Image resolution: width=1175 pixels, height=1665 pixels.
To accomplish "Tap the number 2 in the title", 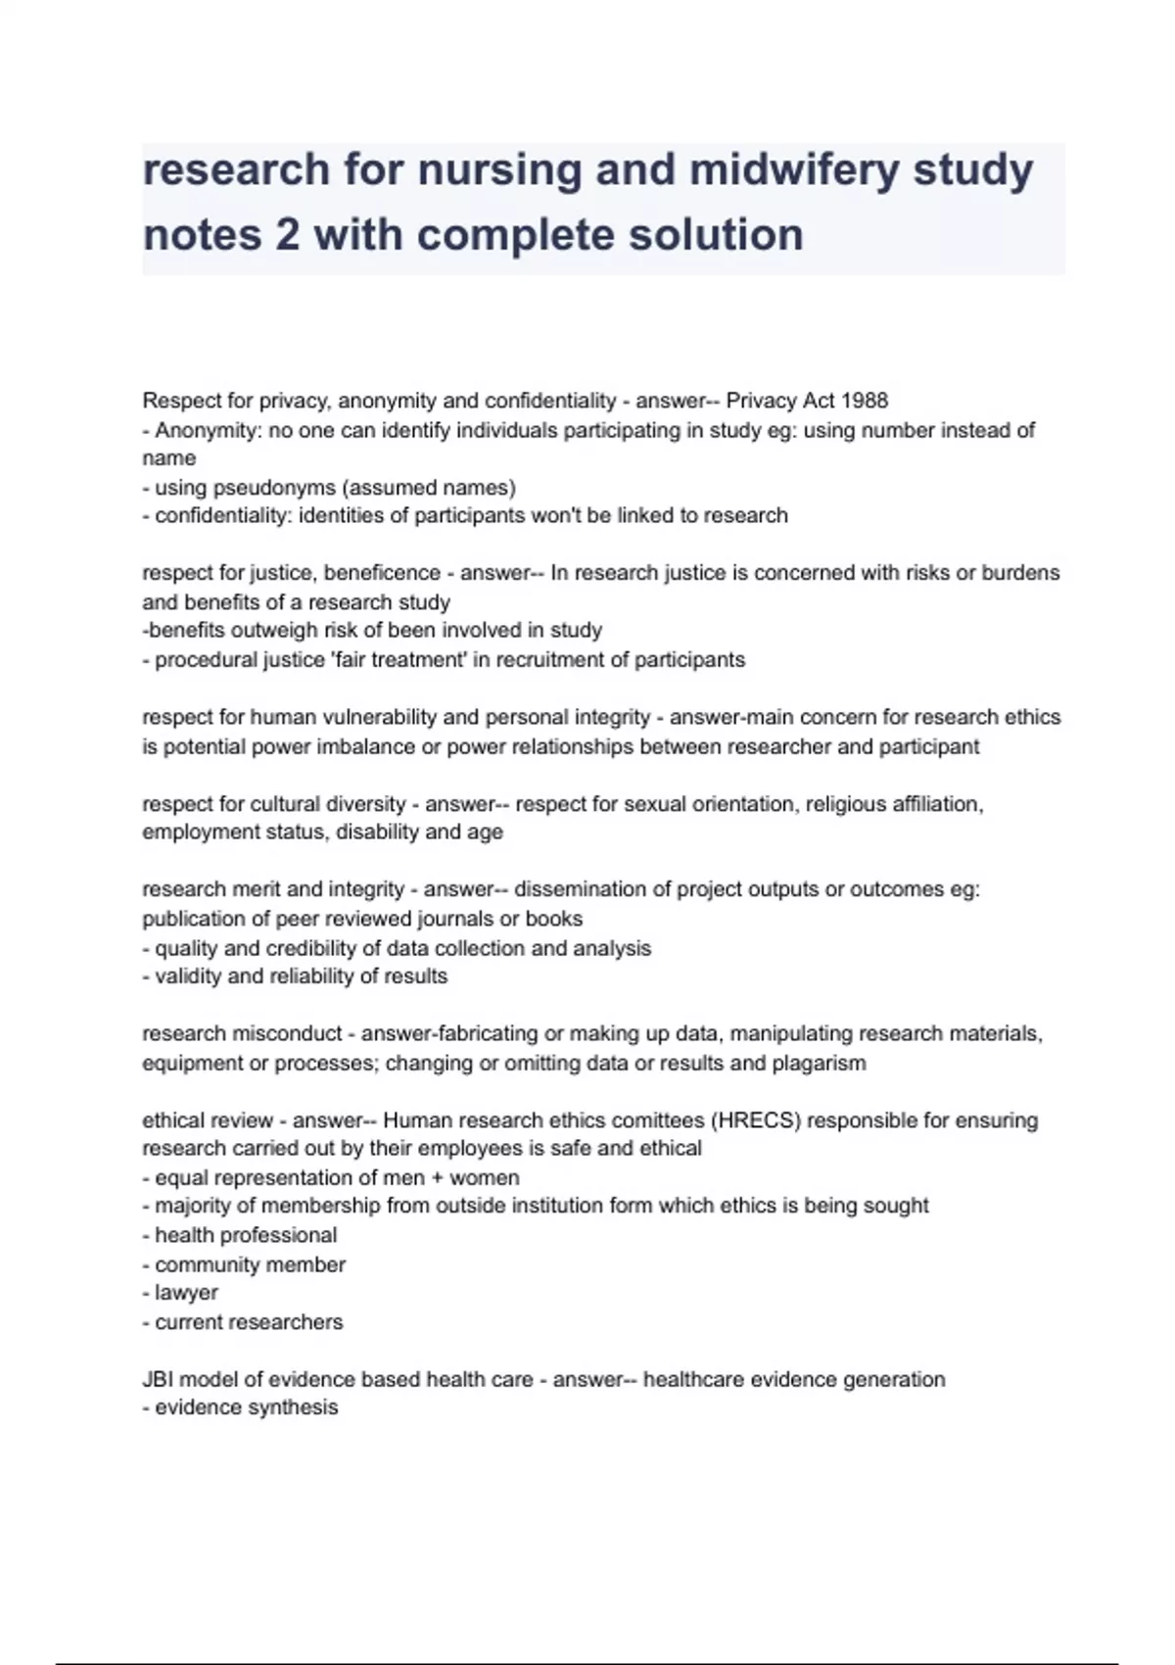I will tap(287, 235).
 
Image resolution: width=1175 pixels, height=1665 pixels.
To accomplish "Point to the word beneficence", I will tap(382, 573).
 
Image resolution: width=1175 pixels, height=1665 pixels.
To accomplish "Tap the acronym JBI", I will tap(158, 1380).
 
